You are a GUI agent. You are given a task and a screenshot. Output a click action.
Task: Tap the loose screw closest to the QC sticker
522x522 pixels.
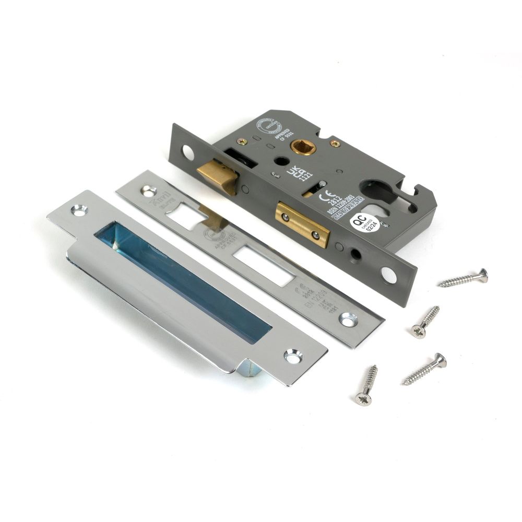pyautogui.click(x=463, y=278)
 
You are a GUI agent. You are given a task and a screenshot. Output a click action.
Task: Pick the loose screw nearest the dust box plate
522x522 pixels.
pyautogui.click(x=366, y=384)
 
